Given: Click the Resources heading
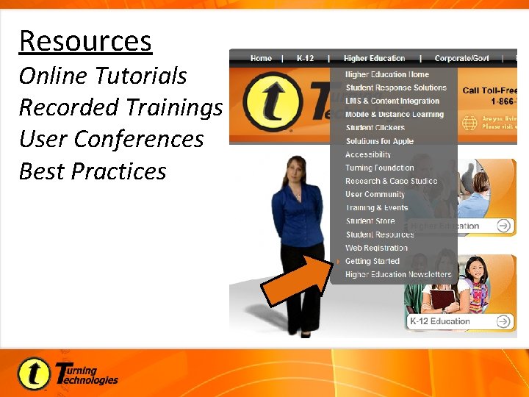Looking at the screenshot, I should tap(85, 41).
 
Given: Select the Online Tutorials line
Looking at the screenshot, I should tap(103, 76).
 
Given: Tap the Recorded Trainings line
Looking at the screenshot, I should tap(120, 107).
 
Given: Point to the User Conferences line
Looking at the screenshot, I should tap(111, 139).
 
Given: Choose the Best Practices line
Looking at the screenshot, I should tap(93, 171).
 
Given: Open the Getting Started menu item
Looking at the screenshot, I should tap(373, 261).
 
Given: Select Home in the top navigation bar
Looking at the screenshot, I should tap(261, 58).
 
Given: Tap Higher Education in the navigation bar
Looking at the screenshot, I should tap(374, 58).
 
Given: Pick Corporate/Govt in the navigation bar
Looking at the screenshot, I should tap(462, 58).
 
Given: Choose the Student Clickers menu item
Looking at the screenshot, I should tap(375, 128).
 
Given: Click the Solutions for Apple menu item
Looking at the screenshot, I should tap(379, 141).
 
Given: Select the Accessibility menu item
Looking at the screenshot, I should tap(368, 154).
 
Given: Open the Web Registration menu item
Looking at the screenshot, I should tap(376, 248).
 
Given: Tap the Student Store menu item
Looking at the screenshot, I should tap(370, 221).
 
